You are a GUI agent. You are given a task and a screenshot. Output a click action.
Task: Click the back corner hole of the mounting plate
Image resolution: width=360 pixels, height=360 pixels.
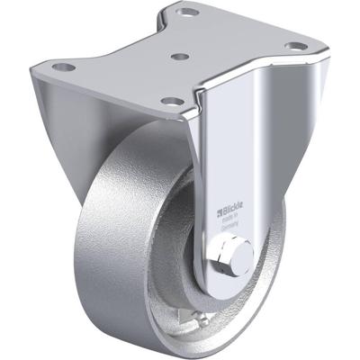(x=188, y=13)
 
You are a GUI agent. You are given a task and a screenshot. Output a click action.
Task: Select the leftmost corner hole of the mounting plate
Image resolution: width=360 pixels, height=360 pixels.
(x=62, y=67)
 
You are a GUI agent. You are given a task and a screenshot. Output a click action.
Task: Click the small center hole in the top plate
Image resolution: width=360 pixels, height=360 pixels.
(x=180, y=56)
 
